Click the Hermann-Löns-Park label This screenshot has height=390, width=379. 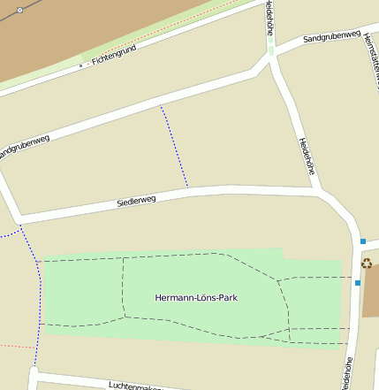(x=195, y=297)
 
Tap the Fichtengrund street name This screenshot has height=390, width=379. (x=116, y=59)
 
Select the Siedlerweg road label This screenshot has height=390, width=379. (x=136, y=201)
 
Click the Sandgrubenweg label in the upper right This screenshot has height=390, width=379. (x=331, y=37)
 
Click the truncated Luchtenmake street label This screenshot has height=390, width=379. (x=136, y=386)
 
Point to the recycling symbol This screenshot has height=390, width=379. (x=367, y=263)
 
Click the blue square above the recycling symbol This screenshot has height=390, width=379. (x=363, y=241)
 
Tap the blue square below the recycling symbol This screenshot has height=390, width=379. (x=357, y=283)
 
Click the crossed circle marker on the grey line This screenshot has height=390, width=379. (x=19, y=10)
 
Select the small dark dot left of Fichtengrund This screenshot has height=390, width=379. (x=80, y=65)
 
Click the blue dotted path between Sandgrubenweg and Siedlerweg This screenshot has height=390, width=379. (x=174, y=146)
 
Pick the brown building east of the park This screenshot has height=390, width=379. (x=371, y=292)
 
